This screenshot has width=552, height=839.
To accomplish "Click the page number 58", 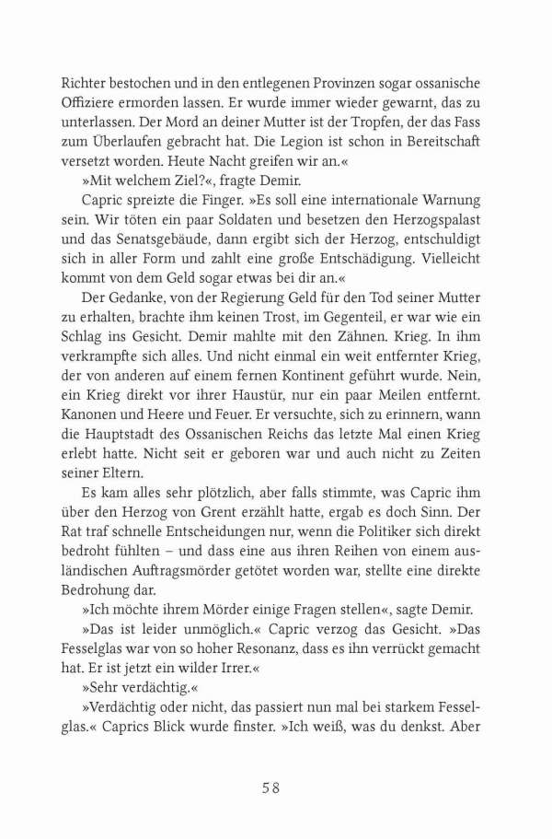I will point(276,787).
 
